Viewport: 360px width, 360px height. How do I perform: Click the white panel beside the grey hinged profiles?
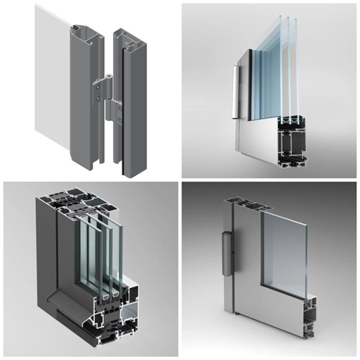pyautogui.click(x=50, y=79)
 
